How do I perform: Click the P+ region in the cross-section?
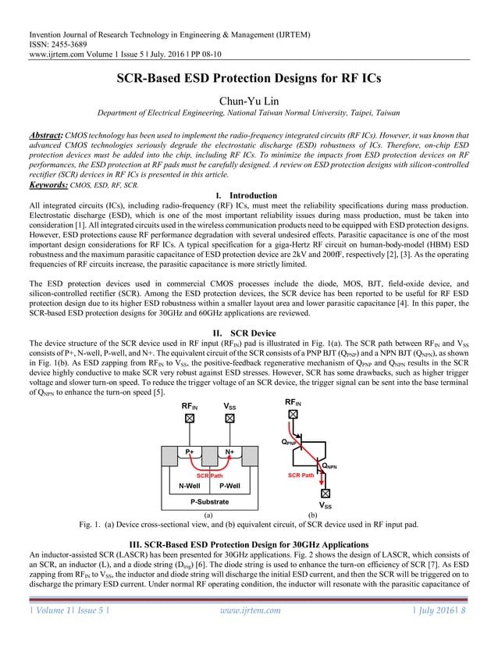(x=189, y=452)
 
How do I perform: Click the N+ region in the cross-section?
(x=229, y=452)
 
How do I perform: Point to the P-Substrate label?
(x=208, y=502)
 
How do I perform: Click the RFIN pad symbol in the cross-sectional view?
(x=189, y=419)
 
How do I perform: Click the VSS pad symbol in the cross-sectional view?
(x=229, y=419)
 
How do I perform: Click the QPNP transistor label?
(x=290, y=442)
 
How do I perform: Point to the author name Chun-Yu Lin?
(x=248, y=101)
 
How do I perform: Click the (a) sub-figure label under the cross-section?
(x=208, y=515)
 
